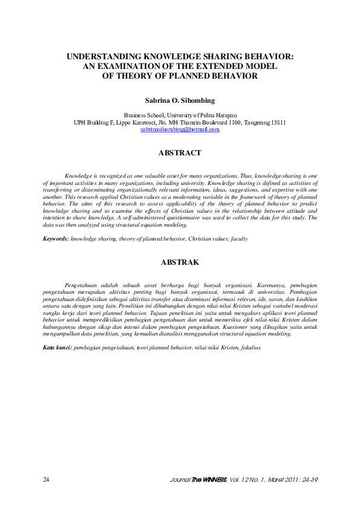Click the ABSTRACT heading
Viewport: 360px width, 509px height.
[x=180, y=154]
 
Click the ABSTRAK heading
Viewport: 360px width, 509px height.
[x=180, y=263]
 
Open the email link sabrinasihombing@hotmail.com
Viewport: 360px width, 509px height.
[x=180, y=129]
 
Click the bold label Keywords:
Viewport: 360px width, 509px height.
[x=56, y=239]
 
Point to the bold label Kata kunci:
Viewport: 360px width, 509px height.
[x=57, y=348]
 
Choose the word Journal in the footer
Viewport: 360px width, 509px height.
[x=181, y=480]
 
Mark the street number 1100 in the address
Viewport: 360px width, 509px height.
[x=221, y=122]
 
